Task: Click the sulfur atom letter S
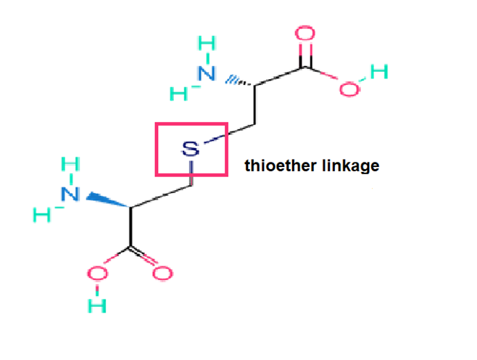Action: pos(190,150)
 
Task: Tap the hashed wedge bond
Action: pos(237,81)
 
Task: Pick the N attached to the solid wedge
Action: pos(70,193)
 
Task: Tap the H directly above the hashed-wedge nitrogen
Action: pos(208,44)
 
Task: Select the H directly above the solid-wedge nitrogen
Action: pos(70,165)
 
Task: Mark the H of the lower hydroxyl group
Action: pos(99,305)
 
